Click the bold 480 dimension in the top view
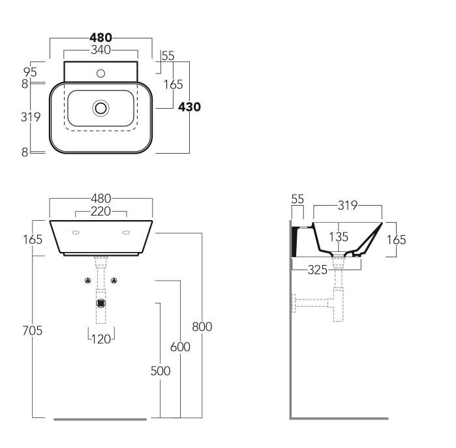point(101,38)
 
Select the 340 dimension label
point(100,49)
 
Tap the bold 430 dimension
point(189,107)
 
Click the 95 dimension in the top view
point(29,71)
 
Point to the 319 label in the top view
point(31,117)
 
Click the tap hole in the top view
point(100,73)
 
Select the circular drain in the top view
point(101,107)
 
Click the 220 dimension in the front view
point(101,211)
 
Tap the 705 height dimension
point(31,331)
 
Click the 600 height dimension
point(180,347)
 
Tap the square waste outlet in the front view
point(101,302)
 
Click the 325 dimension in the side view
point(318,269)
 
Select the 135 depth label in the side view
point(338,237)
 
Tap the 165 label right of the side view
point(395,240)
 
